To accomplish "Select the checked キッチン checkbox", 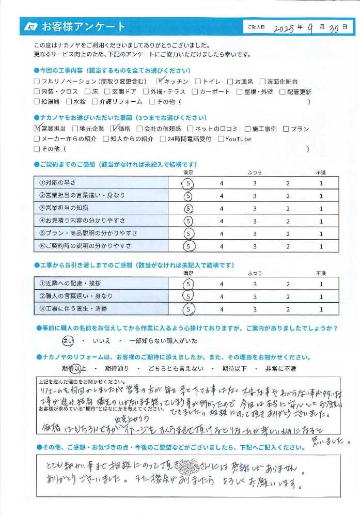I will [160, 82].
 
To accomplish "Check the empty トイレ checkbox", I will [199, 82].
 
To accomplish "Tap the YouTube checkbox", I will [221, 139].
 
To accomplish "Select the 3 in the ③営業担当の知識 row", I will [254, 209].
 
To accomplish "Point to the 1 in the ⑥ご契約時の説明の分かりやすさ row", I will [321, 247].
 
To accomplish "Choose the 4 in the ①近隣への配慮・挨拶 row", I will [221, 284].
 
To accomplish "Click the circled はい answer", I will [68, 340].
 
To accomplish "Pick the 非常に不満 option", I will [281, 369].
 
